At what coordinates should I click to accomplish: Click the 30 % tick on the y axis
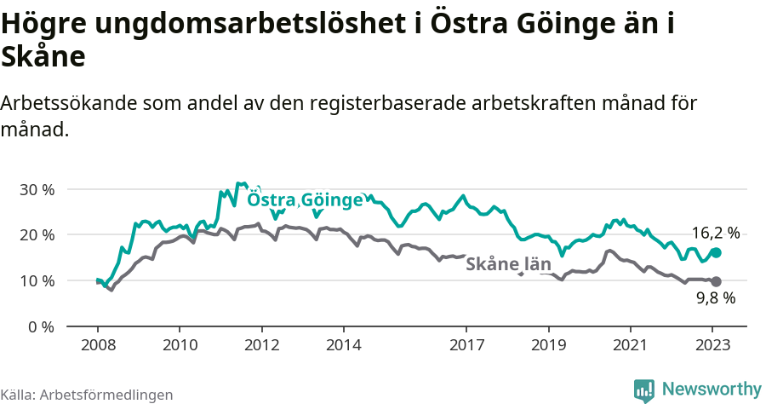(x=36, y=189)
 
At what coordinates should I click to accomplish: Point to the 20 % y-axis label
(x=36, y=235)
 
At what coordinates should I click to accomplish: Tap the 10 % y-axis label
(x=36, y=281)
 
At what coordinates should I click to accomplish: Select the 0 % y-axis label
(x=40, y=327)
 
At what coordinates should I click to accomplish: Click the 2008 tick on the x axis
(x=97, y=345)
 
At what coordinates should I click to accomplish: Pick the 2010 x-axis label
(x=180, y=345)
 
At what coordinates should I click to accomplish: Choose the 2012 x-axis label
(x=261, y=345)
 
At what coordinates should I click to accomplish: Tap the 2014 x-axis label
(x=344, y=345)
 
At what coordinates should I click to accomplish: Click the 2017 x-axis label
(x=466, y=345)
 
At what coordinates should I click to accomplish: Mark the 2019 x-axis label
(x=549, y=345)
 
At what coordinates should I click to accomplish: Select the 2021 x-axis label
(x=631, y=345)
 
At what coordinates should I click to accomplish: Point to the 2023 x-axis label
(x=712, y=345)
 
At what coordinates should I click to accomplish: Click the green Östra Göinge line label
(x=305, y=200)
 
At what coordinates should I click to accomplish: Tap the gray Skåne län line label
(x=509, y=264)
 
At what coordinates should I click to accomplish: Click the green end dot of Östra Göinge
(x=716, y=252)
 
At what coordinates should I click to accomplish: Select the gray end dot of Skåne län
(x=716, y=281)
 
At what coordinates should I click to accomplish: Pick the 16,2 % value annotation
(x=715, y=233)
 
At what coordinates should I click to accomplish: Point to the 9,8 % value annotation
(x=715, y=298)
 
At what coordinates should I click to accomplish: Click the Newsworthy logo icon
(x=644, y=390)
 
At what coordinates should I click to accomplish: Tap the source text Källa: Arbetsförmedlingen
(x=86, y=395)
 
